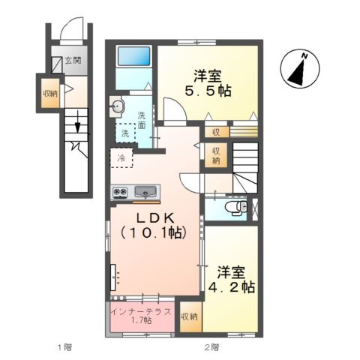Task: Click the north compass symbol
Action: pyautogui.click(x=298, y=70)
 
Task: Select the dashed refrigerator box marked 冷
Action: pyautogui.click(x=120, y=159)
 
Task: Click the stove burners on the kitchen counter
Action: pyautogui.click(x=121, y=192)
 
